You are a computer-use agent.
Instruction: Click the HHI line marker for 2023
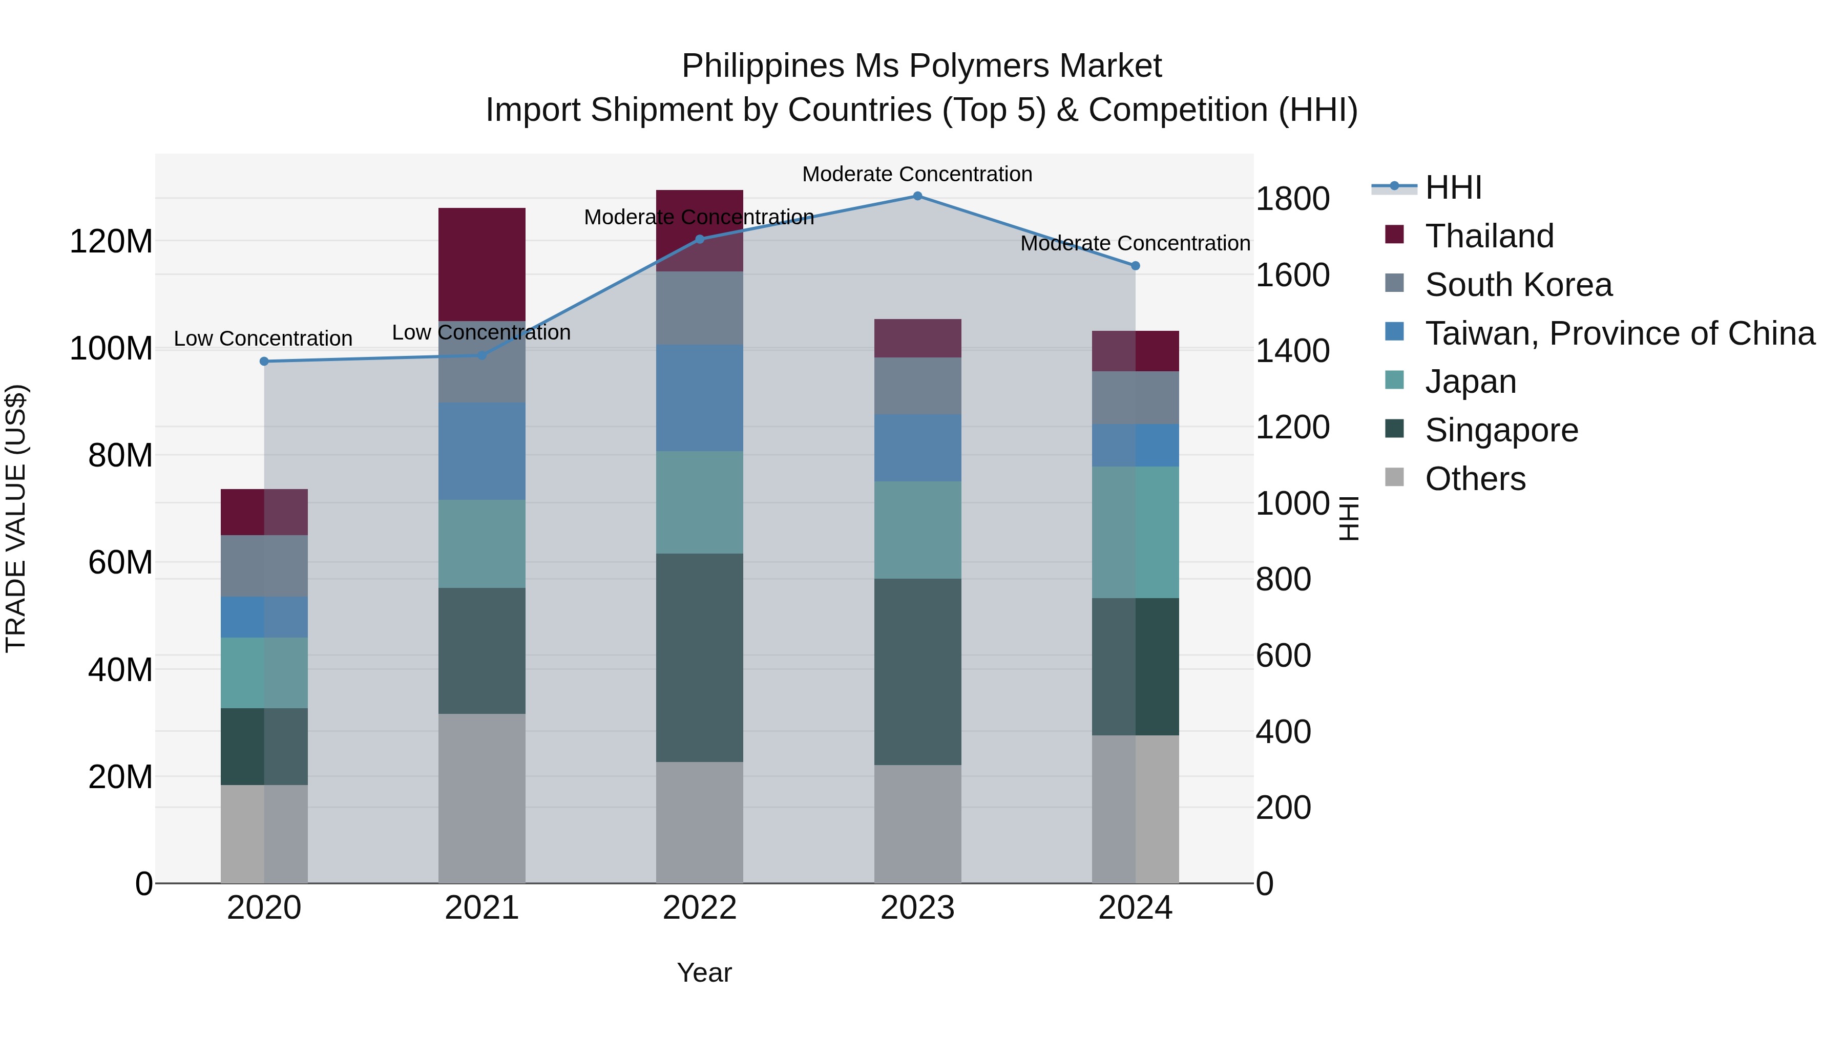917,196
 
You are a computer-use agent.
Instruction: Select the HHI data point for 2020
264,362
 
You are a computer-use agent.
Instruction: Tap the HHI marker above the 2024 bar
1135,265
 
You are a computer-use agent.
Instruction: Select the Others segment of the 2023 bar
917,823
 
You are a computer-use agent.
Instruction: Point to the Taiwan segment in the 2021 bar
482,451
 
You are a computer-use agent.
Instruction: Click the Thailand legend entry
1489,236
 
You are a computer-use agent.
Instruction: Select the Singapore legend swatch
1394,430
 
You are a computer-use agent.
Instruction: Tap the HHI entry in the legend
1453,187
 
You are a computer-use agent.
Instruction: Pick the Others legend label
1475,479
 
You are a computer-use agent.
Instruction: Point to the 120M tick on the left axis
111,242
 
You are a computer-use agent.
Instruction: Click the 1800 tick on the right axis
1292,199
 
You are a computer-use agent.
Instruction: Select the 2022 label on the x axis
699,908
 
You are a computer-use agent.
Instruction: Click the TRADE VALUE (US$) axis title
16,518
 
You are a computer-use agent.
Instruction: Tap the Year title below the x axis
704,972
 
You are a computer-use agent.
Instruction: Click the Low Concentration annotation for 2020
263,338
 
